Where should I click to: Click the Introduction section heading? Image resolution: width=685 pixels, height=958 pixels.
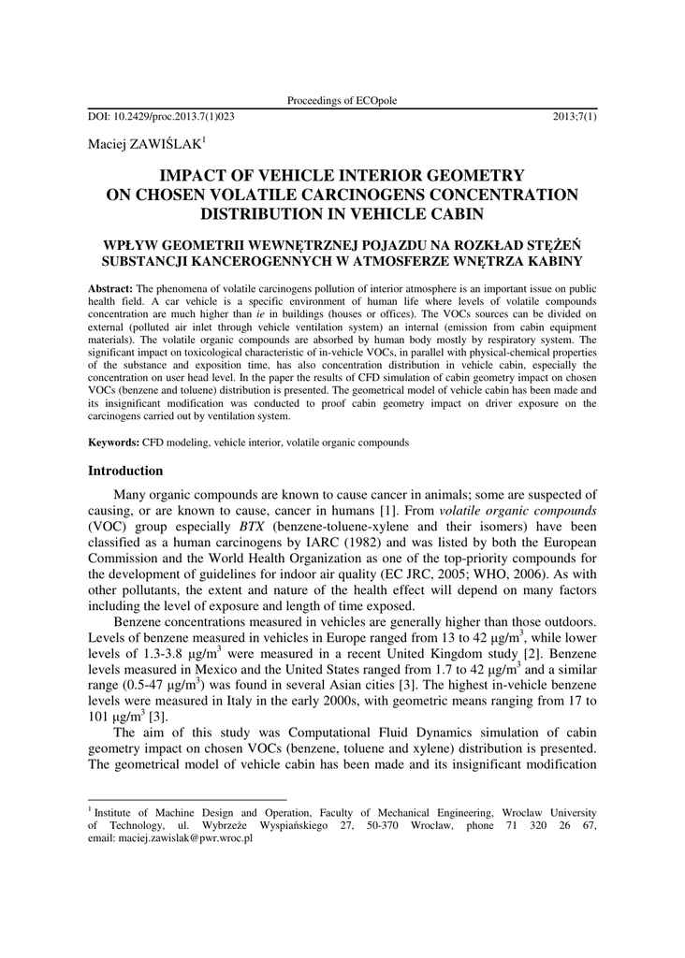pyautogui.click(x=125, y=471)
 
